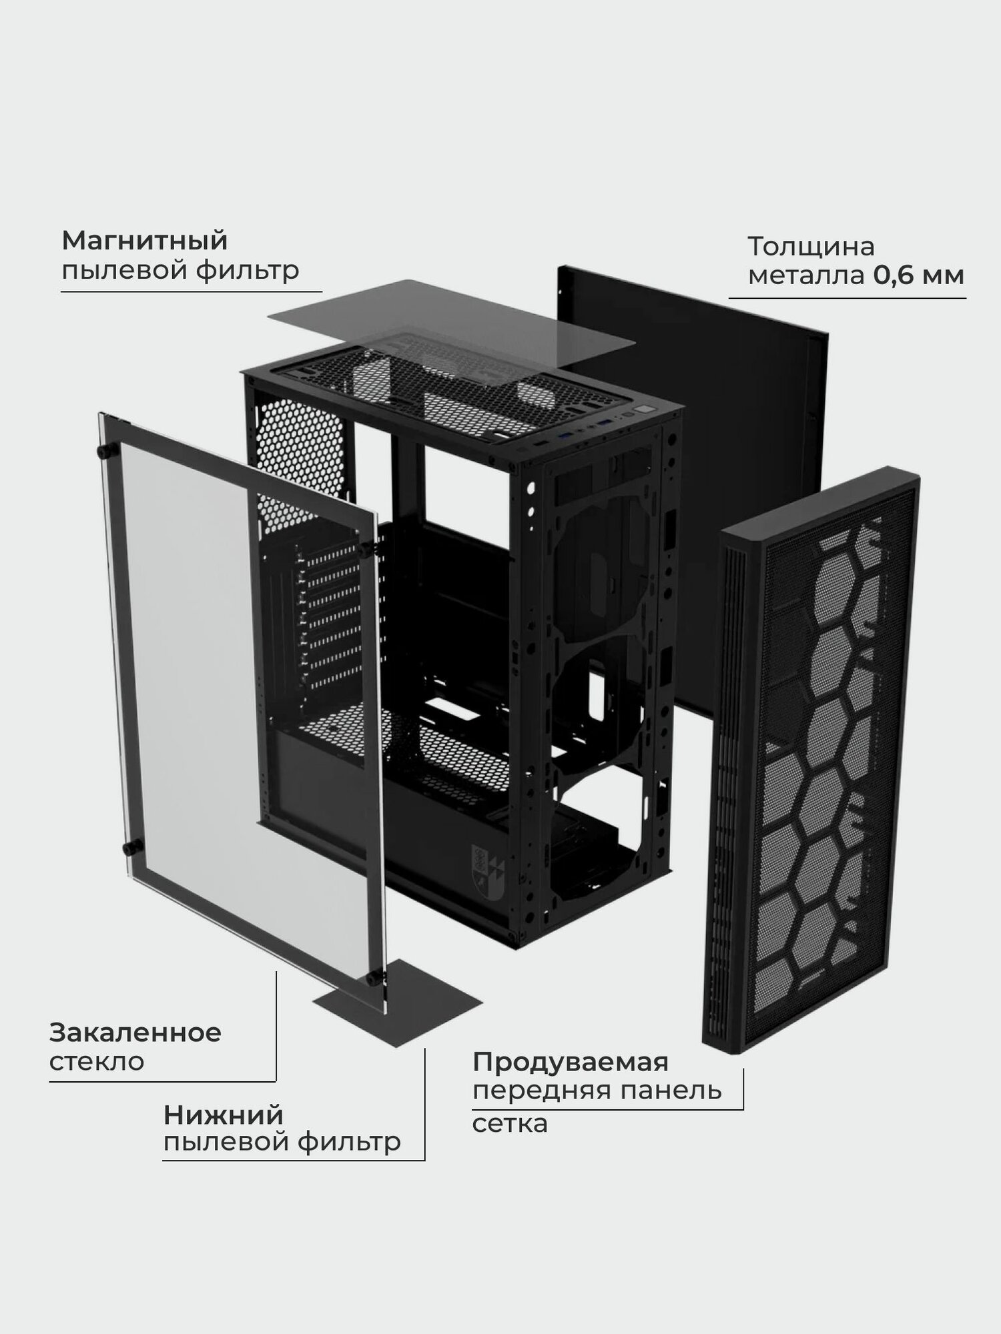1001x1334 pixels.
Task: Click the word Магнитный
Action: (145, 241)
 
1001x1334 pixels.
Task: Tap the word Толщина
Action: (810, 247)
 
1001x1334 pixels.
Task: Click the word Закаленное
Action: (135, 1033)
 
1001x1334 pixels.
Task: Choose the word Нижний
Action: (224, 1115)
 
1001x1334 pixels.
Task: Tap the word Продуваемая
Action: (571, 1062)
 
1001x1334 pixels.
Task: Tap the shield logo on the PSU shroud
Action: (482, 862)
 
